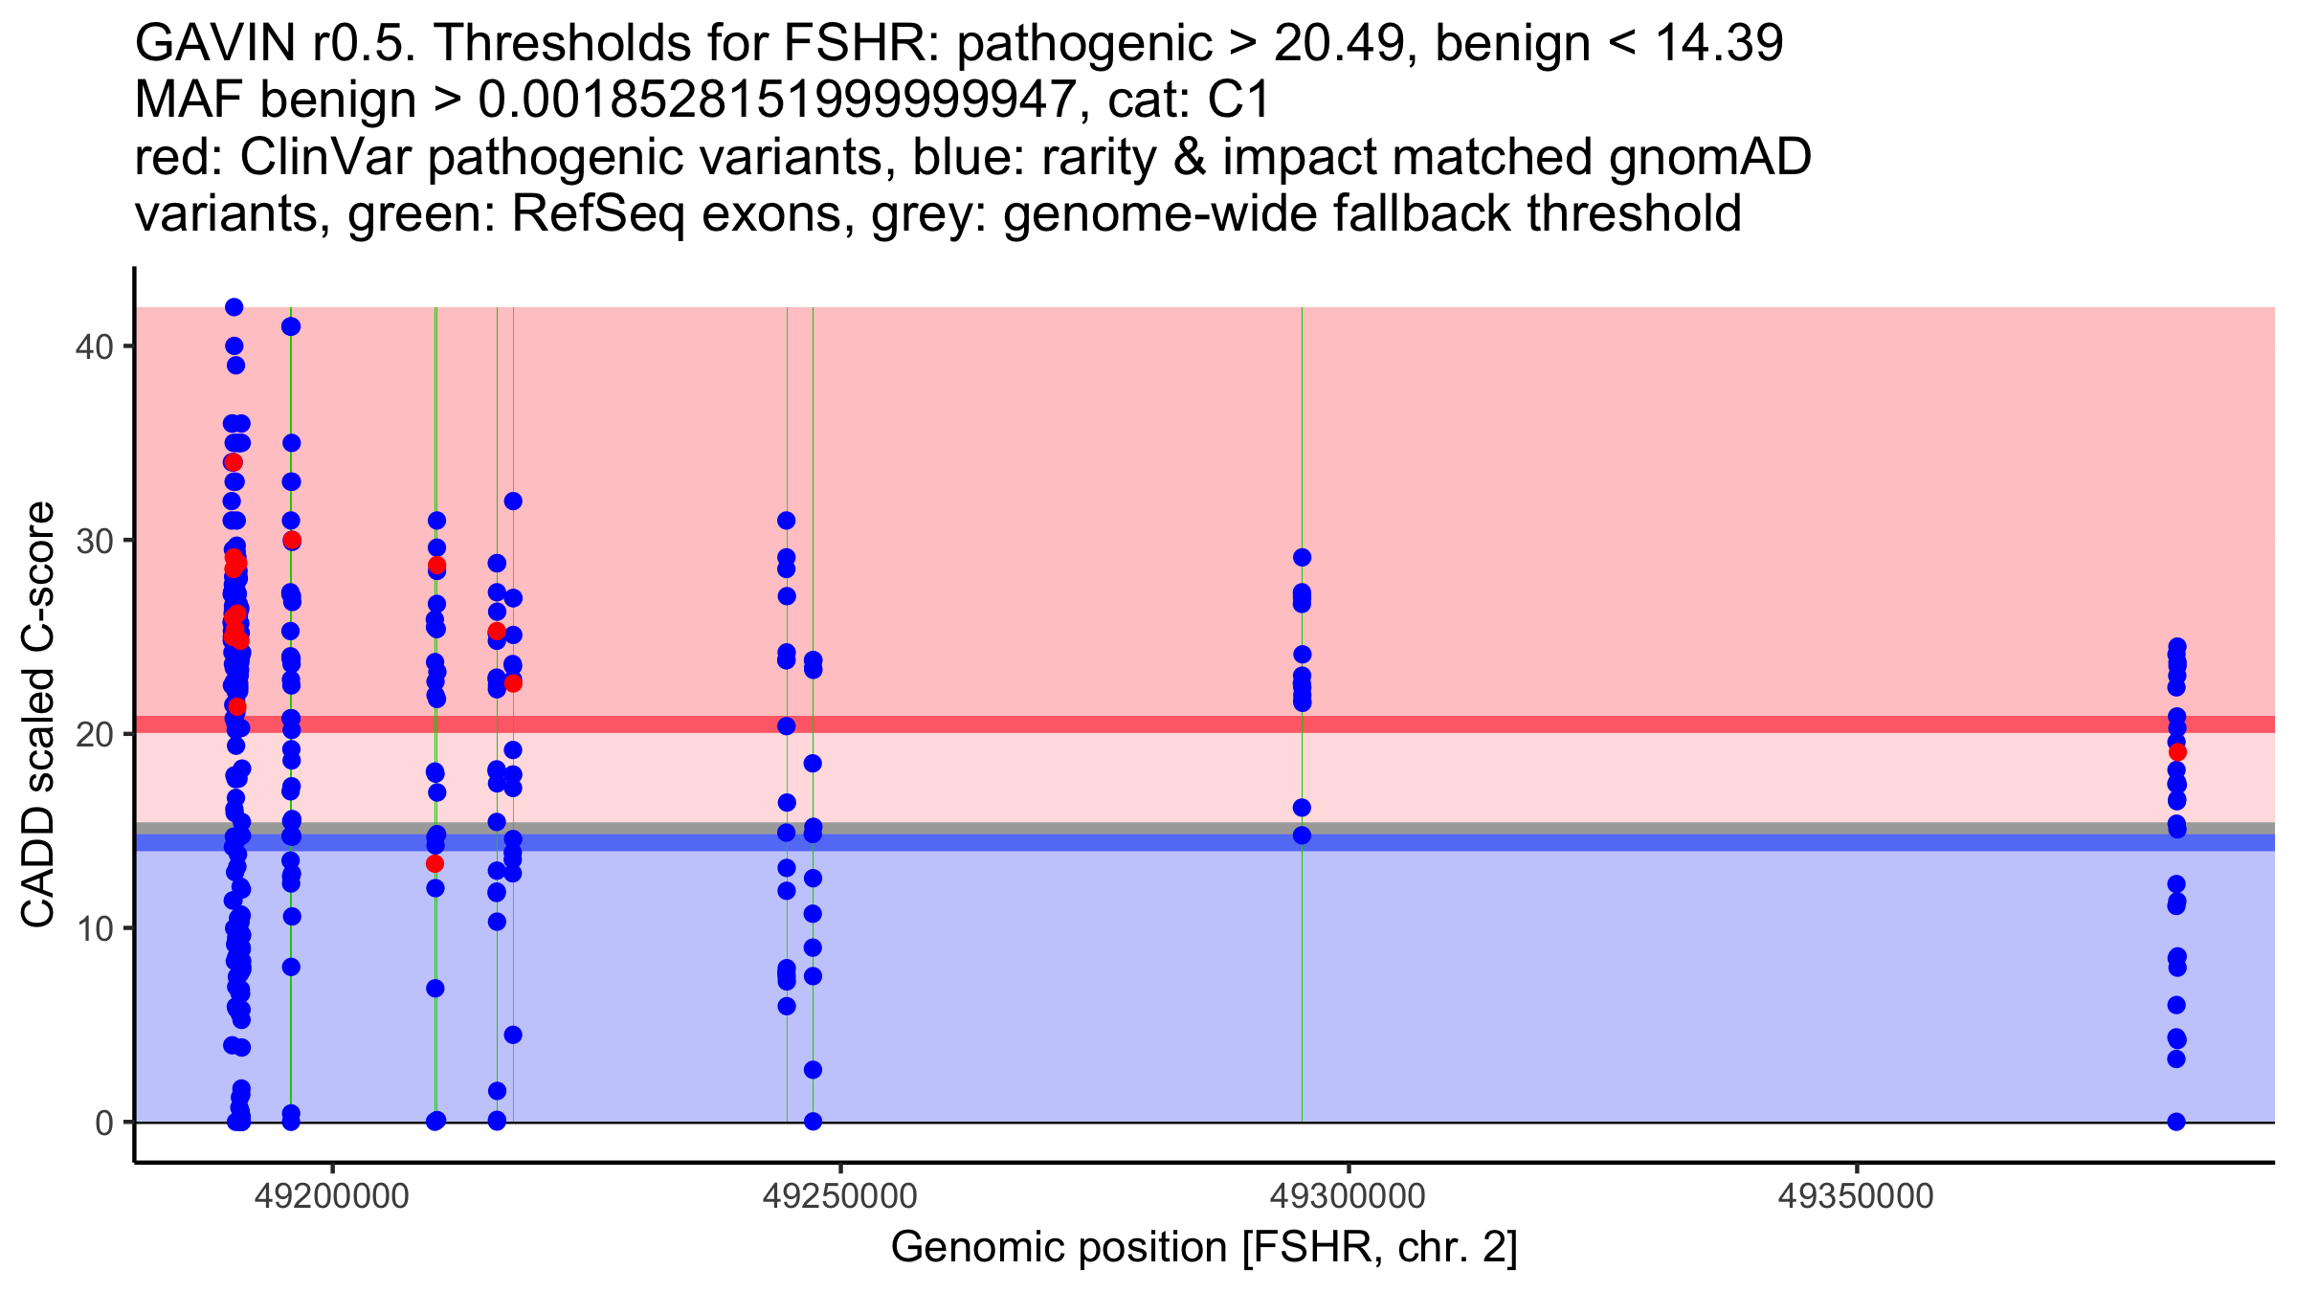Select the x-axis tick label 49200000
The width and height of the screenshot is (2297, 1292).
(332, 1196)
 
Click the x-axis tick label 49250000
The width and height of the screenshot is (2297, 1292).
(840, 1196)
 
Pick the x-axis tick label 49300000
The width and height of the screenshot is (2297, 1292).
(1349, 1196)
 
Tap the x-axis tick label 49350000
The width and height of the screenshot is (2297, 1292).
(1857, 1196)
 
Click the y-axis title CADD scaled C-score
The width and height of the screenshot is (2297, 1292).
(38, 716)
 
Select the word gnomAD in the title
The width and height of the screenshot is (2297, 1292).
(1709, 157)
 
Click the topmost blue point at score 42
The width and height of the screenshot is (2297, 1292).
(234, 307)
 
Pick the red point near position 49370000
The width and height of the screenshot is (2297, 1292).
(2177, 752)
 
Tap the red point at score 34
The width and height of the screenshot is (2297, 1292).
(234, 462)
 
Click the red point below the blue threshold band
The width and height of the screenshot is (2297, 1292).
(435, 864)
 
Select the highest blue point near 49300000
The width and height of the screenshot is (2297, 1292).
(1302, 557)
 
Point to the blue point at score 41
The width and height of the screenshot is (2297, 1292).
(291, 326)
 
